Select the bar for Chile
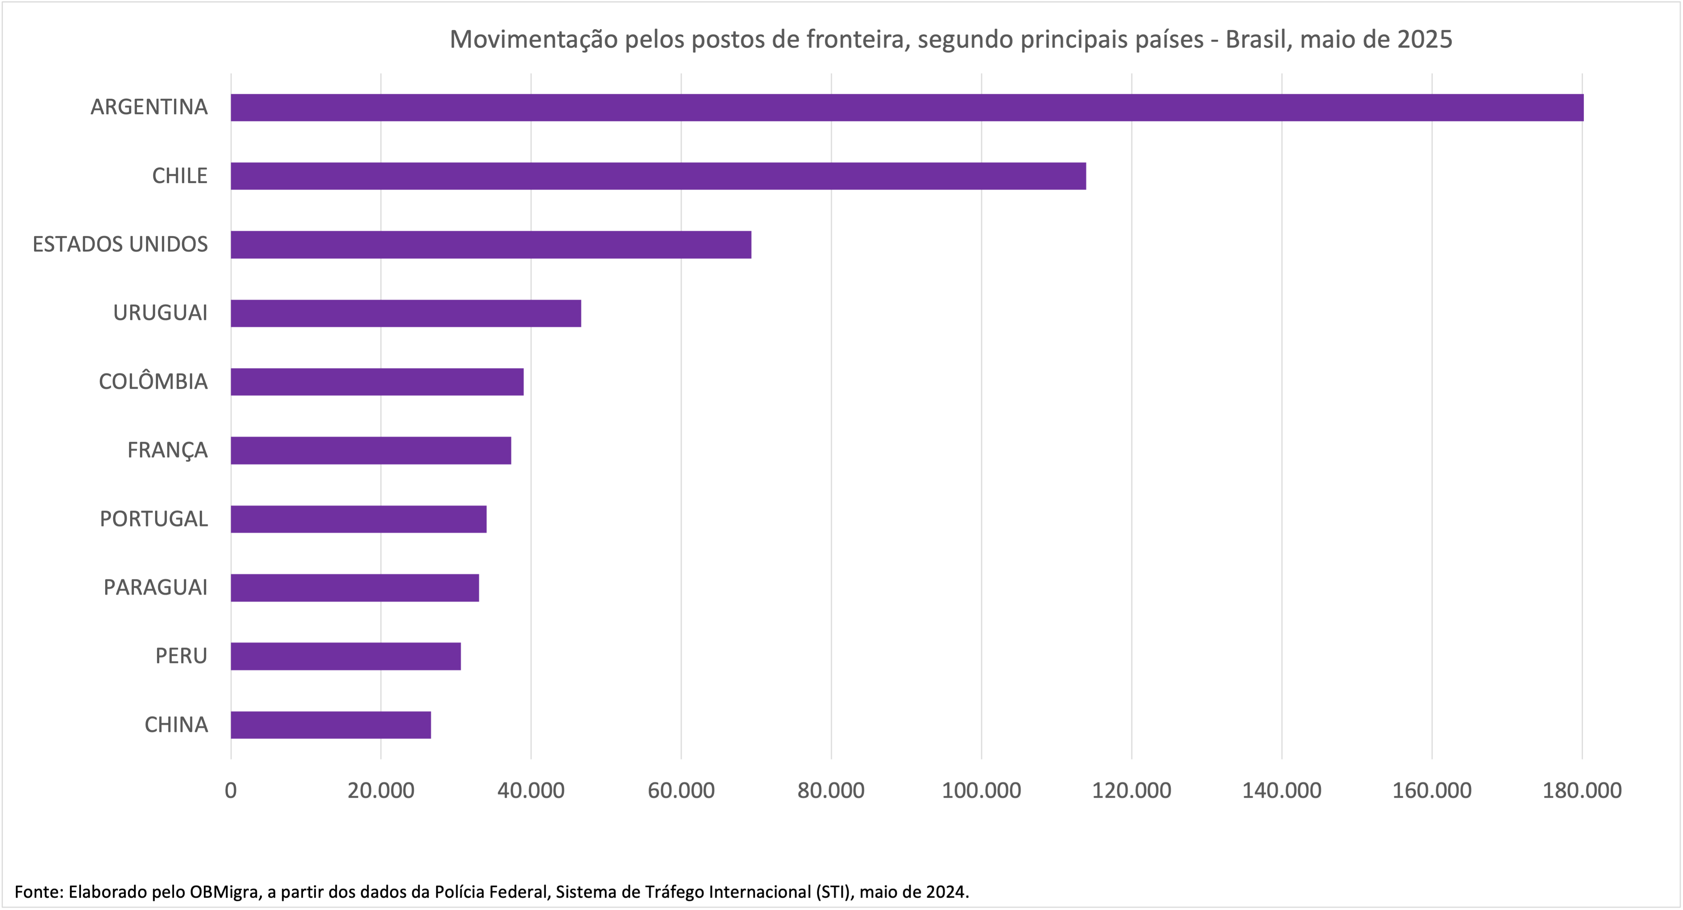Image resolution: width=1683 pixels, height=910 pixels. [658, 176]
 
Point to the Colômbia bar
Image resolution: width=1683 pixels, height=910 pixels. [377, 382]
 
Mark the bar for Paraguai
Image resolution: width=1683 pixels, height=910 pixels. [355, 588]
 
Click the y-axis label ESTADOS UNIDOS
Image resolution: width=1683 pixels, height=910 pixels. [120, 244]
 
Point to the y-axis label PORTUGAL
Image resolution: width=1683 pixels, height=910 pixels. [154, 519]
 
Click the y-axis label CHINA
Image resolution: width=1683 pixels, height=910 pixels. [176, 724]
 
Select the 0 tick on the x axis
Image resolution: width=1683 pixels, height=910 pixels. [231, 790]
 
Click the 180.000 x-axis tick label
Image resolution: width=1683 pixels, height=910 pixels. [1582, 790]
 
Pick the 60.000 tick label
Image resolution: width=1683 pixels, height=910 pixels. [681, 790]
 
